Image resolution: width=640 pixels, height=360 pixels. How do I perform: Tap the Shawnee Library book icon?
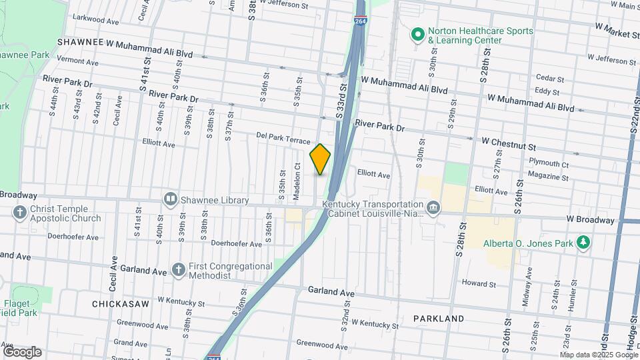[x=171, y=199]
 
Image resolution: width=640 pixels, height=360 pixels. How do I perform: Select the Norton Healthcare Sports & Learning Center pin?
[x=417, y=33]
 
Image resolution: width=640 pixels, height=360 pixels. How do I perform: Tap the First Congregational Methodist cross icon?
[x=178, y=269]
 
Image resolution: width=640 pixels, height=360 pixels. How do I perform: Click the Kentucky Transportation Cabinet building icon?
[x=434, y=209]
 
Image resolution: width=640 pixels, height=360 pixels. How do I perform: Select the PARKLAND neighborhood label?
[x=439, y=319]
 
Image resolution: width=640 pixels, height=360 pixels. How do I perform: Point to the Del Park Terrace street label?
[x=283, y=138]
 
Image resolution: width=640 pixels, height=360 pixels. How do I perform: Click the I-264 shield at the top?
[x=360, y=20]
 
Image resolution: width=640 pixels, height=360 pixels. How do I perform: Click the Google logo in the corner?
[x=22, y=351]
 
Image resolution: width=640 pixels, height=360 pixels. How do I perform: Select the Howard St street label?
[x=479, y=283]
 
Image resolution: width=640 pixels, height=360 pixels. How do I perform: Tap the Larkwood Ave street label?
[x=95, y=21]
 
